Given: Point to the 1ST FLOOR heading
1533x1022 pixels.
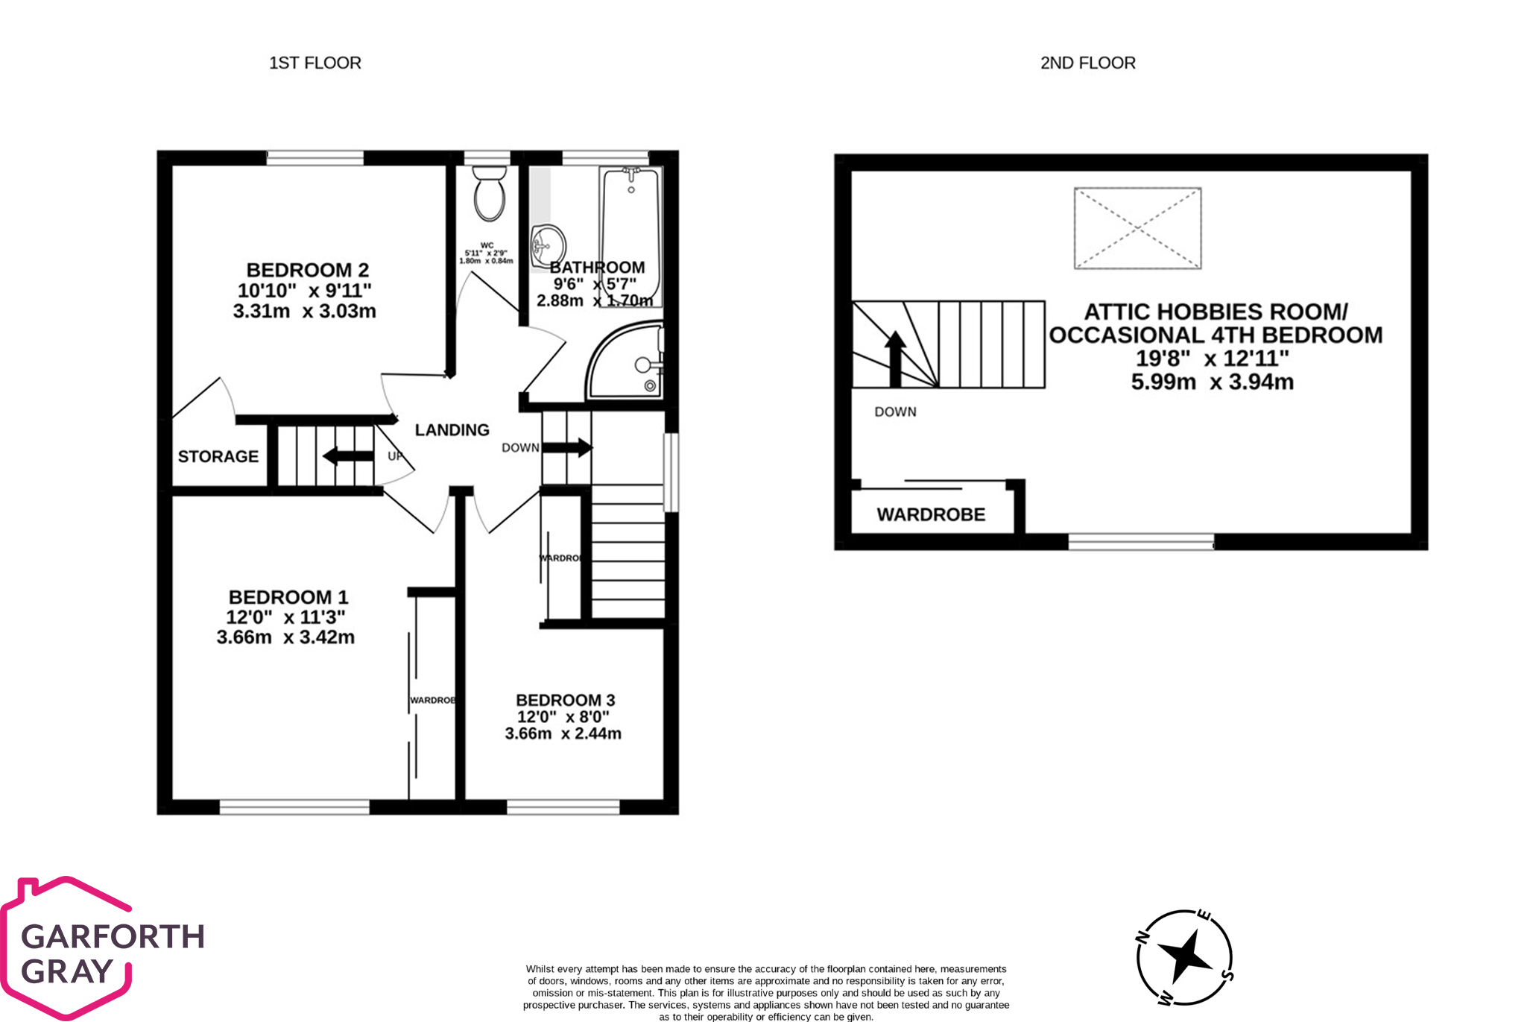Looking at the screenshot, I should pos(314,63).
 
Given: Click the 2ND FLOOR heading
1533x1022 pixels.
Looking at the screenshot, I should pos(1087,63).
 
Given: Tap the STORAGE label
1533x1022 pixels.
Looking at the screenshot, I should pos(218,456).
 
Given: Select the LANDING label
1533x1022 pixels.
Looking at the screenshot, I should pos(452,430).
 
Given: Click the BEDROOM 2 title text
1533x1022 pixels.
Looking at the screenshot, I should pos(307,270).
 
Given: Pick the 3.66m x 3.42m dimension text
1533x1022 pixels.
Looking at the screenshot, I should pos(285,637).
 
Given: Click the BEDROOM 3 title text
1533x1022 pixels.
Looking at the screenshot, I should pos(565,700).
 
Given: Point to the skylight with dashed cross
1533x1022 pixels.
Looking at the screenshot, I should pos(1137,228).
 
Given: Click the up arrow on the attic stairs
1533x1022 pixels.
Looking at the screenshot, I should pos(895,358).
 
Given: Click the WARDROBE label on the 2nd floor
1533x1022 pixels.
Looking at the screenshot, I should pos(931,514).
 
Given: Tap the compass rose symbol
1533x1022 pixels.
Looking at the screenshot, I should pos(1183,956).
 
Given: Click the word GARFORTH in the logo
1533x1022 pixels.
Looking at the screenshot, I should pos(113,936).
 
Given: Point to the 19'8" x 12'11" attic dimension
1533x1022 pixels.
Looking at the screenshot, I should pos(1212,359).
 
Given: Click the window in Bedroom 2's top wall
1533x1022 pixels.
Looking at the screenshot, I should pos(314,157).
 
